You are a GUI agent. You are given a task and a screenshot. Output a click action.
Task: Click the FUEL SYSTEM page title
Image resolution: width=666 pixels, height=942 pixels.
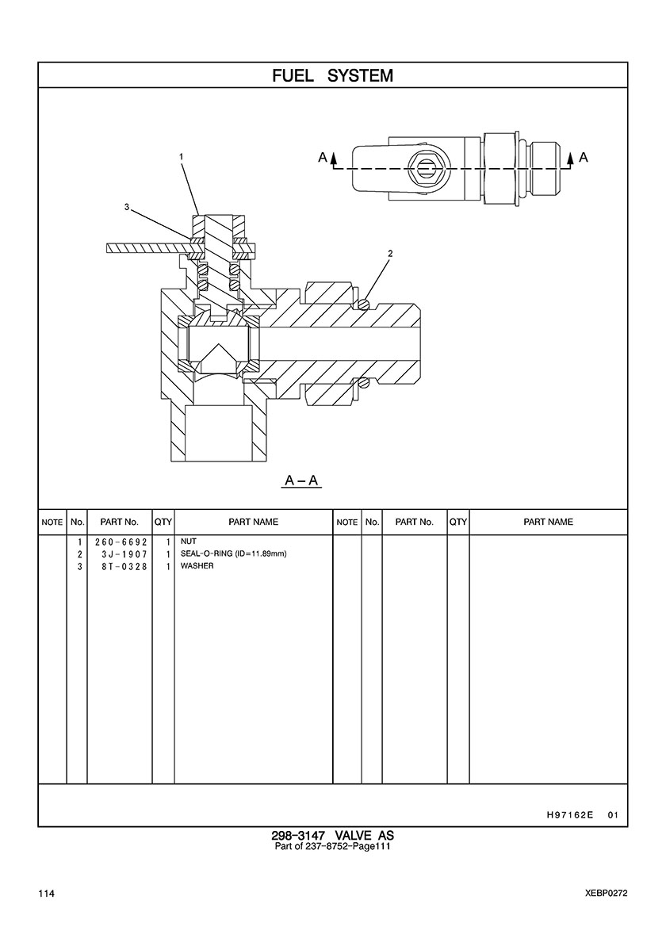[x=333, y=75]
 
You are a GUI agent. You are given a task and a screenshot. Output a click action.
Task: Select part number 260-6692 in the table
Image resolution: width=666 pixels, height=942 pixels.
[x=121, y=542]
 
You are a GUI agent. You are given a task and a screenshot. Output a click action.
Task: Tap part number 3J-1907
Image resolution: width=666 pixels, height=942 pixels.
[x=124, y=554]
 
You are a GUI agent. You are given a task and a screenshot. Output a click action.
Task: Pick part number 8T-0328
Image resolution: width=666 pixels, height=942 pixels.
[x=124, y=566]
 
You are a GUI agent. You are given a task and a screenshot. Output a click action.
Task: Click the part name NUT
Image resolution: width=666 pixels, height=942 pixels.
[x=189, y=542]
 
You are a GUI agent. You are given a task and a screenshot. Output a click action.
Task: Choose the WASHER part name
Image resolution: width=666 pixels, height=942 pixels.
[x=197, y=566]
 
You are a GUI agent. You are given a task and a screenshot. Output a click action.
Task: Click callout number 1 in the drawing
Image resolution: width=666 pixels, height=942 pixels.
[x=181, y=157]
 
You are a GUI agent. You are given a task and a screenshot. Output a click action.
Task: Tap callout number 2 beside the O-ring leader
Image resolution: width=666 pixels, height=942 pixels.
[x=390, y=254]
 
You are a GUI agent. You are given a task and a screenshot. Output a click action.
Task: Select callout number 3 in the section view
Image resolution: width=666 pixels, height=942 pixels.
[x=127, y=207]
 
